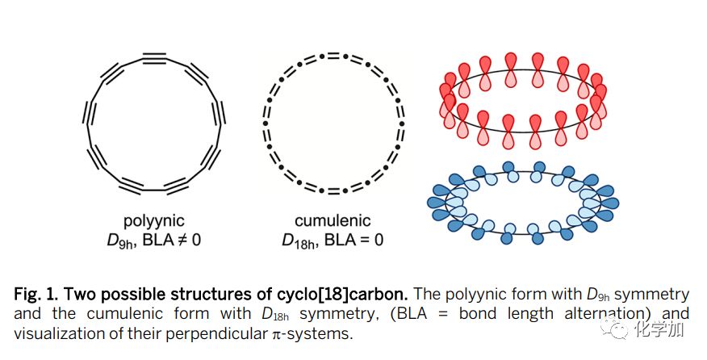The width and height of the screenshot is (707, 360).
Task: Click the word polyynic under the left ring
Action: pos(154,220)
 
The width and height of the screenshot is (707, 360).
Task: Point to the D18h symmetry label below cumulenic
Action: pos(300,241)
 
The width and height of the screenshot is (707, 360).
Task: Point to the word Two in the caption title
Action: pos(98,291)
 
